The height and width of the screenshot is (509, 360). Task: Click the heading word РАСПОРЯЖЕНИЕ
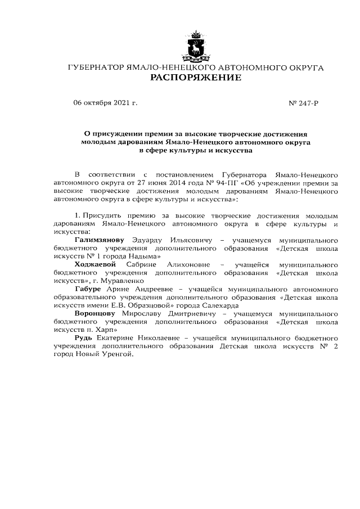(x=195, y=78)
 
